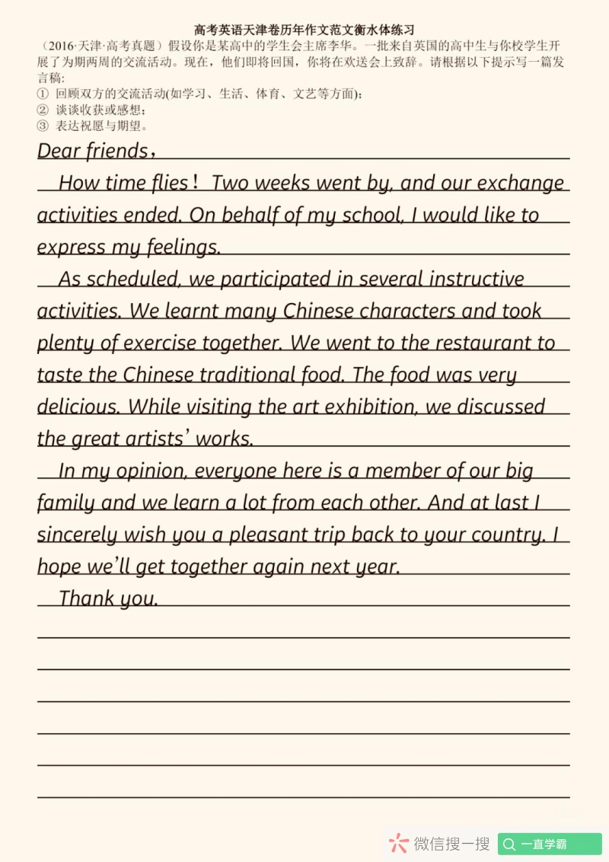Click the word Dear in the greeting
[x=59, y=151]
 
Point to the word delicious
[x=78, y=407]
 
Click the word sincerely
[x=76, y=535]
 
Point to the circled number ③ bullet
[x=43, y=126]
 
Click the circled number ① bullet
[x=43, y=94]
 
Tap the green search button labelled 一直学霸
[x=550, y=844]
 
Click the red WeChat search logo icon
[x=399, y=843]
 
